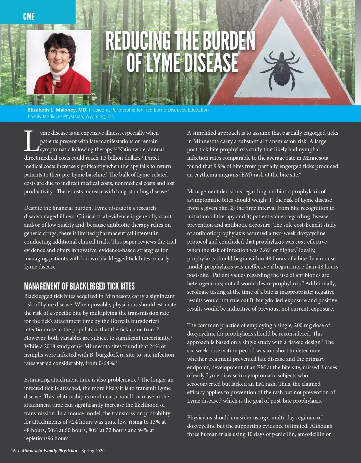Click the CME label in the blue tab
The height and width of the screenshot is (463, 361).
pos(29,16)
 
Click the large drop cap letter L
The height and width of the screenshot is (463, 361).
pos(31,141)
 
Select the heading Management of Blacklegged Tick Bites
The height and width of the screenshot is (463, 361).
pos(79,286)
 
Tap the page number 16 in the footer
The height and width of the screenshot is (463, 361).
pos(14,451)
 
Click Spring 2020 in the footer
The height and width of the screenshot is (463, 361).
pos(93,451)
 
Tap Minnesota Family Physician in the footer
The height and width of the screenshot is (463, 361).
pos(49,451)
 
